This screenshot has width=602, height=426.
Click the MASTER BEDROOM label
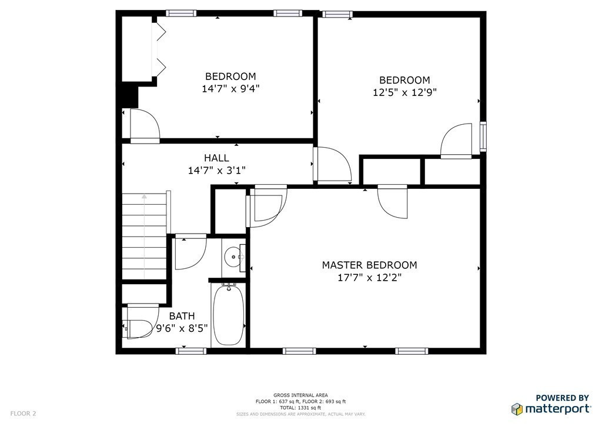coord(369,265)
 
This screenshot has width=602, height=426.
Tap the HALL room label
coord(216,158)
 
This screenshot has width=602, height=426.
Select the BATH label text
coord(182,317)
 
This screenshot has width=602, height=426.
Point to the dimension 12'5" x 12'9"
coord(404,92)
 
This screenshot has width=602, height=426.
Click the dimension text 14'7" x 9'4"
coord(230,89)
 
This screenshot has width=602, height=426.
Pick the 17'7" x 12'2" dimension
coord(369,278)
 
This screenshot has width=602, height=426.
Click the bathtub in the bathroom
coord(228,315)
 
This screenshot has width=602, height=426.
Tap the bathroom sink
coord(234,257)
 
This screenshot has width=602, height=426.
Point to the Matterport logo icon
coord(517,409)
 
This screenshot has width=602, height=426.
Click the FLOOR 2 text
coord(23,414)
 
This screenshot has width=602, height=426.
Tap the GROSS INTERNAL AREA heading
coord(300,395)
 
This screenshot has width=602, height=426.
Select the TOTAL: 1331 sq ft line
coord(300,407)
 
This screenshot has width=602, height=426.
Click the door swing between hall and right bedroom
coord(333,165)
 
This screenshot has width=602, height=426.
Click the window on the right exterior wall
coord(483,136)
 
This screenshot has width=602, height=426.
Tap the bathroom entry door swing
coord(190,253)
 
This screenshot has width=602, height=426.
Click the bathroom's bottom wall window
coord(191,351)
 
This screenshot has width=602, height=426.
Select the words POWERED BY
coord(562,398)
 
